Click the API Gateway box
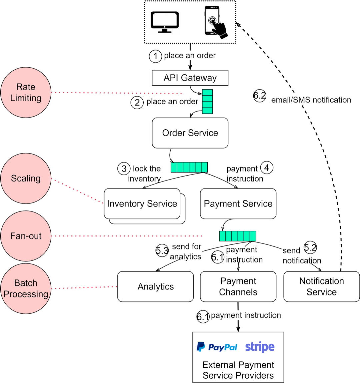(190, 78)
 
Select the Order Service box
(190, 133)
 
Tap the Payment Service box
(238, 203)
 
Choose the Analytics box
(155, 286)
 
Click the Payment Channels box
(238, 286)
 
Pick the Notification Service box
(321, 286)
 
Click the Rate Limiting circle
(26, 93)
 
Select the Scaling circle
(26, 178)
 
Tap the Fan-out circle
(26, 236)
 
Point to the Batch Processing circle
(26, 288)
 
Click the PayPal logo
(217, 347)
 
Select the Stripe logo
(260, 347)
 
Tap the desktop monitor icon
(165, 22)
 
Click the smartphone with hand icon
(216, 22)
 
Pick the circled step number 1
(155, 56)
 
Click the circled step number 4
(267, 168)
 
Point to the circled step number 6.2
(260, 96)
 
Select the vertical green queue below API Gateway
(207, 102)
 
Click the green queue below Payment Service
(238, 236)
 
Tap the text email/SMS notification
(311, 100)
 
